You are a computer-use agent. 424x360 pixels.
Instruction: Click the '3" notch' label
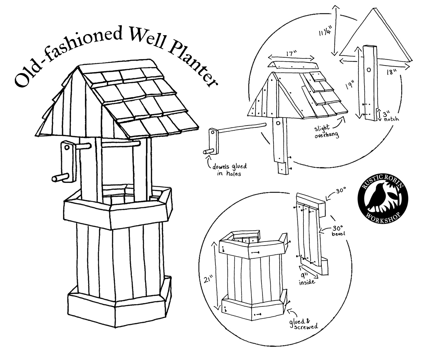[x=391, y=117]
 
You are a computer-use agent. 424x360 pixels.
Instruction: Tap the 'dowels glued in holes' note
[x=229, y=170]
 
